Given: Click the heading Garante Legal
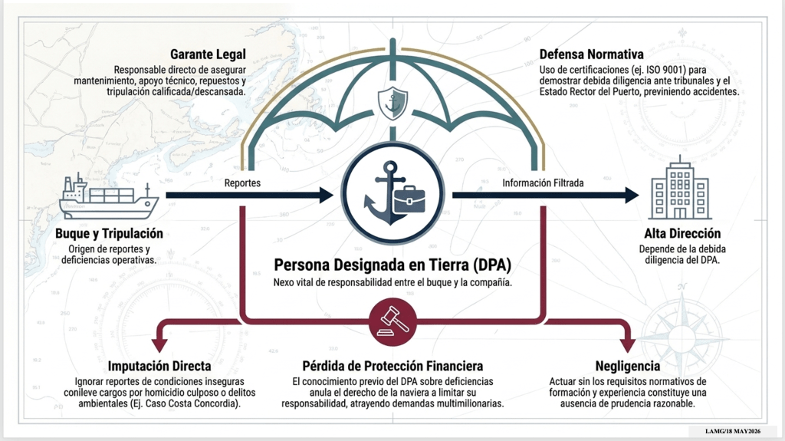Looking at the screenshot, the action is pos(208,54).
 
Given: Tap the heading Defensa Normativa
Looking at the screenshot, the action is pos(591,54).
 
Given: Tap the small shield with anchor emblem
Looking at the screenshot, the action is pos(392,103).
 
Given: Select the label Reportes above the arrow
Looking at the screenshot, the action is pos(242,183).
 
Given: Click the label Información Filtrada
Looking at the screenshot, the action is pos(543,183).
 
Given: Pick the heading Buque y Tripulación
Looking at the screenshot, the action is pos(109,233).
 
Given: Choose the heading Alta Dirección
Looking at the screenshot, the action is pos(682,233).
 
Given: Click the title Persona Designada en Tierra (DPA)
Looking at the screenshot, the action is pos(392,265).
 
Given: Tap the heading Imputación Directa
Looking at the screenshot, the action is pos(159,366).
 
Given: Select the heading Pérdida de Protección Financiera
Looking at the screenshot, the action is pos(392,366).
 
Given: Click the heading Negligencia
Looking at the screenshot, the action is pos(627,366).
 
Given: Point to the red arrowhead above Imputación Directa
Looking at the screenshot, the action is pos(159,345).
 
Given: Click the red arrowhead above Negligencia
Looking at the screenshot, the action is pos(627,345).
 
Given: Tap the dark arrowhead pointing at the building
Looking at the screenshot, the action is pos(631,195).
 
